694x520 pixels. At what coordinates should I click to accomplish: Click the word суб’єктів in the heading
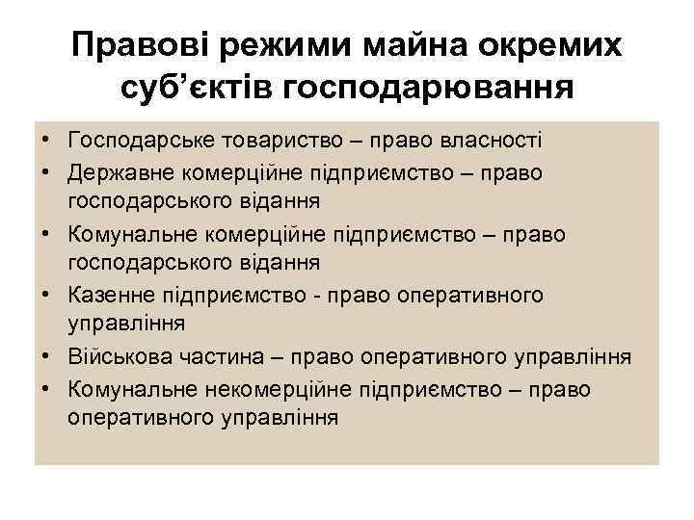pyautogui.click(x=200, y=88)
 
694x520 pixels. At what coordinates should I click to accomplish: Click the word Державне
pyautogui.click(x=115, y=171)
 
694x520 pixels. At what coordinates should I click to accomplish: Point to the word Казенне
pyautogui.click(x=110, y=294)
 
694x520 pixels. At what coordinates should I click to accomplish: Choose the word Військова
pyautogui.click(x=118, y=356)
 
